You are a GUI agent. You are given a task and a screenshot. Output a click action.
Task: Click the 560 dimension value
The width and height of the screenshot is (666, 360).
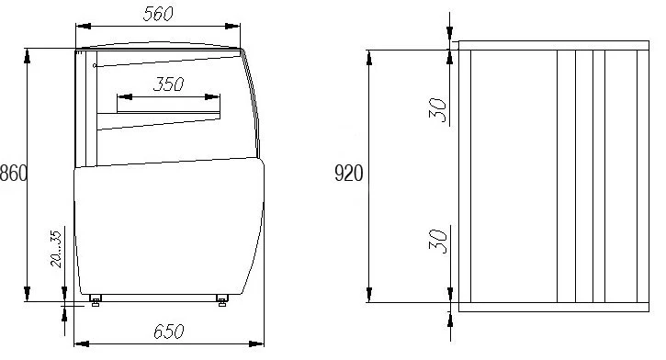point(158,14)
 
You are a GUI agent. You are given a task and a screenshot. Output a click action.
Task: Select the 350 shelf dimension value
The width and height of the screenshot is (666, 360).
point(169,84)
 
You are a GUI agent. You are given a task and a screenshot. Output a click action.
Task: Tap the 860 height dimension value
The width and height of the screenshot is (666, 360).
point(14,174)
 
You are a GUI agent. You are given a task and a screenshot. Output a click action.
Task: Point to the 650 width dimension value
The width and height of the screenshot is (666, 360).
point(169,332)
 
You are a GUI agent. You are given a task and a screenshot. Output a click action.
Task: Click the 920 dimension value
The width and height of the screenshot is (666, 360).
point(349,174)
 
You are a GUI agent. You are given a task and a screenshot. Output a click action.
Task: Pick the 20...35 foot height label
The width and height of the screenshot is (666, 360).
point(56,249)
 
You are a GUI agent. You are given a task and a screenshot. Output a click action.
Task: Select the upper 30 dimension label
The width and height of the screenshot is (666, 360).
point(438,110)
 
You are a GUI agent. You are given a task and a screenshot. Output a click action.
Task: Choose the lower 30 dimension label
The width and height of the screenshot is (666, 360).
point(438,242)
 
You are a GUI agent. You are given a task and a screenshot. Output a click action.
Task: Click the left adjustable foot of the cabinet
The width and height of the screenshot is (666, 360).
point(96,300)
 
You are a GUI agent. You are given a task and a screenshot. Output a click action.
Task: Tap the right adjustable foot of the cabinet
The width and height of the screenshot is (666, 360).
point(221,300)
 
